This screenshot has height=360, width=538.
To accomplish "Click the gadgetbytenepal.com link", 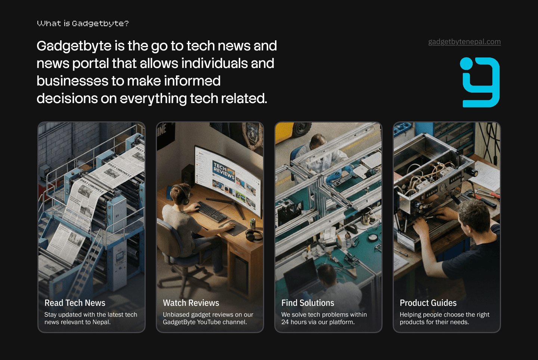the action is click(x=464, y=42).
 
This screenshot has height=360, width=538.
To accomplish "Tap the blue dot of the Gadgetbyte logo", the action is click(x=466, y=63).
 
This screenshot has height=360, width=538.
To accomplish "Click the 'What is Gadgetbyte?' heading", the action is click(x=83, y=24).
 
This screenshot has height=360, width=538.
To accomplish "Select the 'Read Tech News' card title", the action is click(x=75, y=303).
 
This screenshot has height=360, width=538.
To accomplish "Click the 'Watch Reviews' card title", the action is click(x=191, y=303).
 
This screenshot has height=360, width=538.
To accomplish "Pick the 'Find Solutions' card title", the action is click(x=308, y=303).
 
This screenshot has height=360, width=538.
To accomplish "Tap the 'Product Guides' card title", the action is click(x=428, y=303).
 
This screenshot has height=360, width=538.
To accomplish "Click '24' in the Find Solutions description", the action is click(x=285, y=322).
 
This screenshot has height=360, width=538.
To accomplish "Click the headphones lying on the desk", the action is click(x=254, y=235).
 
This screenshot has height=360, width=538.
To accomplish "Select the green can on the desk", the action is click(x=253, y=223).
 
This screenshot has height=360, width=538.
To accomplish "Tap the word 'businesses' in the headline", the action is click(x=72, y=81).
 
